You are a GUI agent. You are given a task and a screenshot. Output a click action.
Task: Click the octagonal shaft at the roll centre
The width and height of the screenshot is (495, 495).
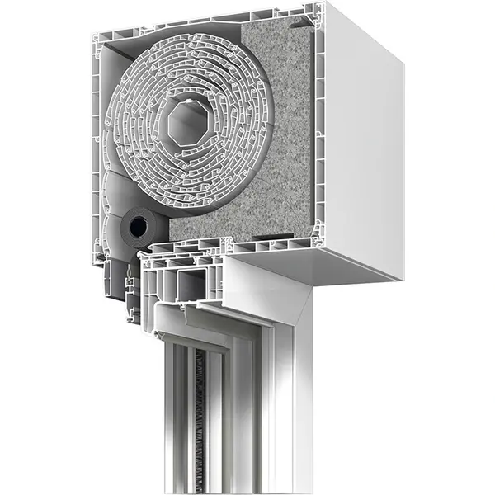tap(186, 125)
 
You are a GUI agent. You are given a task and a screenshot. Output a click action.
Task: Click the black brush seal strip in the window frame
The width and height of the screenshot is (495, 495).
tap(198, 412)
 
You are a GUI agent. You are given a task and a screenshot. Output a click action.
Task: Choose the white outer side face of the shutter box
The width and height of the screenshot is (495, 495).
tap(363, 140)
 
